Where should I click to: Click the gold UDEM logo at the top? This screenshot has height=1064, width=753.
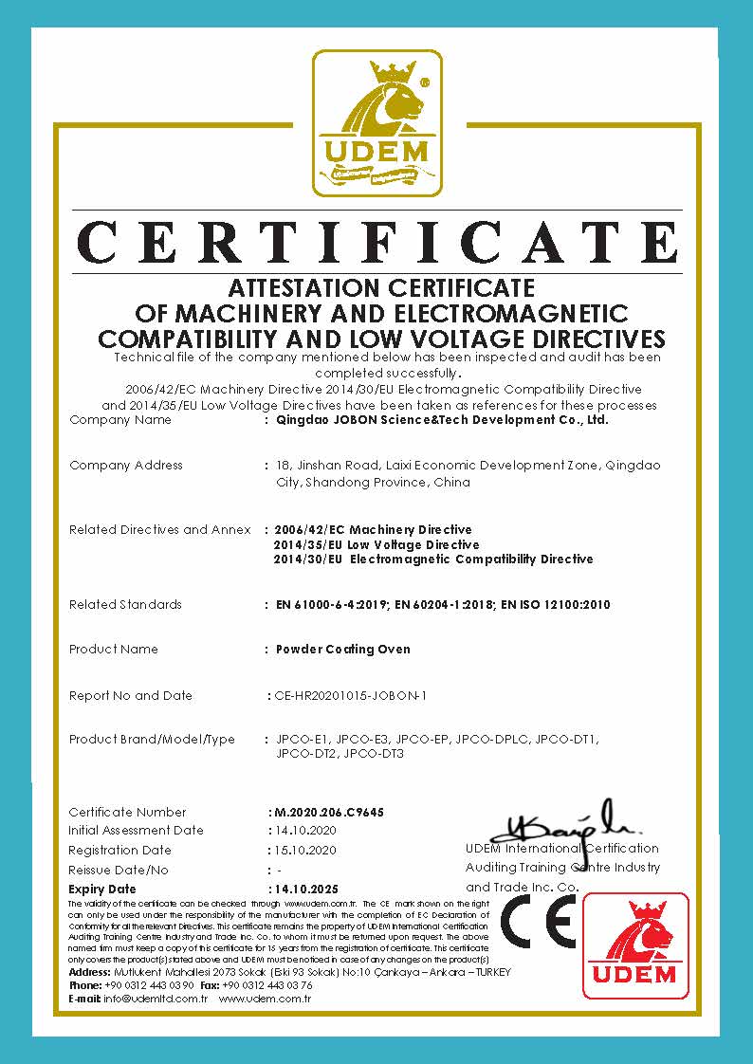coord(377,123)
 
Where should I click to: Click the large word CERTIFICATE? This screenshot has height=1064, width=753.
coord(377,241)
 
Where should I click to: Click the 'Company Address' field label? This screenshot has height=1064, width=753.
coord(126,466)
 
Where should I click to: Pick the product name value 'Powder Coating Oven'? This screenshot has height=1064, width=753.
coord(343,650)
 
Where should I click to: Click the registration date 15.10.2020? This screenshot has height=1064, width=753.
coord(303,850)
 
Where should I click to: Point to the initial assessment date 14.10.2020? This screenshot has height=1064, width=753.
coord(303,831)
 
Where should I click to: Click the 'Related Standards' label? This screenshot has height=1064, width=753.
coord(125,605)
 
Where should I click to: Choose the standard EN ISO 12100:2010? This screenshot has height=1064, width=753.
coord(556,605)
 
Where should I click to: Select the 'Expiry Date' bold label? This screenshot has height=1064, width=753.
coord(102,890)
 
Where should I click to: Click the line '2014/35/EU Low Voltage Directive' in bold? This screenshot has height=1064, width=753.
coord(376,545)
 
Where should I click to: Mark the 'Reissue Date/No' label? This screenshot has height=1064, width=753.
coord(119,870)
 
